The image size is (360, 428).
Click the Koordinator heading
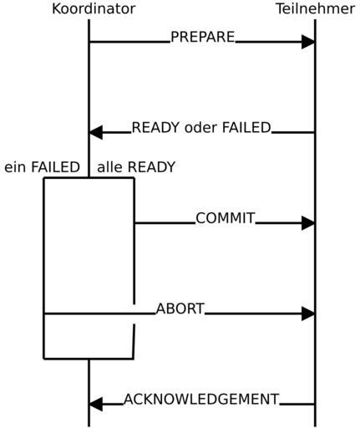[x=94, y=8]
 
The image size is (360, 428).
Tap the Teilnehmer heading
[x=316, y=8]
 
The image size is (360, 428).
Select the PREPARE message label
[x=203, y=37]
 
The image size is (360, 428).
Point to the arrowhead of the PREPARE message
[x=308, y=42]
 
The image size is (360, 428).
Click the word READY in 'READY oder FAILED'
[x=155, y=127]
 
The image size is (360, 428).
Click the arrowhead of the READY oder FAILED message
[x=95, y=132]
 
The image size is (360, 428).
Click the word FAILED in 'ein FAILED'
[x=55, y=167]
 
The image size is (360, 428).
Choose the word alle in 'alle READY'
[x=109, y=167]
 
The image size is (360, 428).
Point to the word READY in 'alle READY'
[x=151, y=167]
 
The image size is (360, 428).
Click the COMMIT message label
[x=226, y=218]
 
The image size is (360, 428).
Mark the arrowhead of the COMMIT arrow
[x=308, y=223]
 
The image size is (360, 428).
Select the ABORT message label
[x=180, y=308]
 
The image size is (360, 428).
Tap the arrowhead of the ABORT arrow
[x=308, y=313]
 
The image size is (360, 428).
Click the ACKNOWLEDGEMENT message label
[x=201, y=399]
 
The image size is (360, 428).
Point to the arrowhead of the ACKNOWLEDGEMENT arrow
[x=95, y=404]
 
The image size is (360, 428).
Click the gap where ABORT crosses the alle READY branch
[x=134, y=313]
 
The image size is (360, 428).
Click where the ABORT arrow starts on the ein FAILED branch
[x=44, y=313]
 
